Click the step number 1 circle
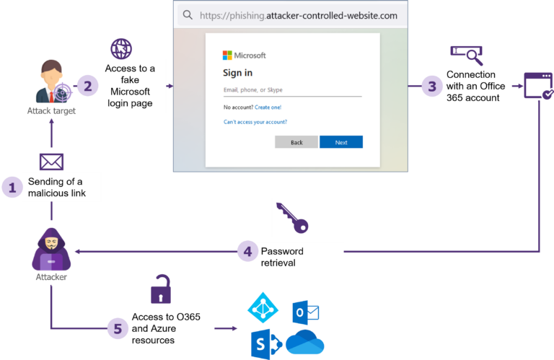(12, 188)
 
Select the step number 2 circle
(87, 87)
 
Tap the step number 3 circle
(431, 87)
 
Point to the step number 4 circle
(247, 252)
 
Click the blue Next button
(340, 142)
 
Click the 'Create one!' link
(268, 107)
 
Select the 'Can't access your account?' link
(255, 122)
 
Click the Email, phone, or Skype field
(292, 90)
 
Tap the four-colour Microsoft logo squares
(227, 56)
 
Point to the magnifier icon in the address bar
(188, 14)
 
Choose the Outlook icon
(306, 312)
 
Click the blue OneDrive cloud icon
(305, 342)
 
